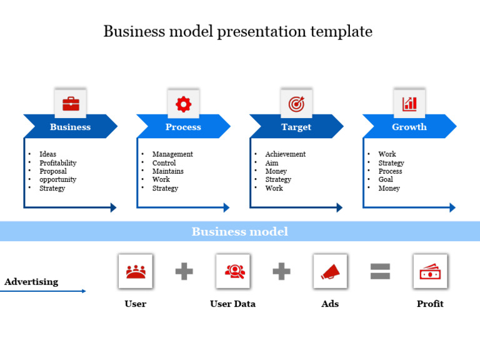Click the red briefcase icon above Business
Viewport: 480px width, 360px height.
(71, 104)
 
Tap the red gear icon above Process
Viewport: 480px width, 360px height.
(183, 104)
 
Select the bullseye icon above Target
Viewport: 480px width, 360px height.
(296, 104)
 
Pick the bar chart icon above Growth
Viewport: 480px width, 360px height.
(409, 104)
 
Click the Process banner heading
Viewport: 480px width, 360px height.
(183, 127)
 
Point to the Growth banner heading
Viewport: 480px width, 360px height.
(409, 127)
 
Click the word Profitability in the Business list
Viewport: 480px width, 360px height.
(57, 163)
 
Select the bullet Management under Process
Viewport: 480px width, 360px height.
(172, 154)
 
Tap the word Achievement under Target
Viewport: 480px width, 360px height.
(285, 154)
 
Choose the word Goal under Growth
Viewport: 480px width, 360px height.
(386, 179)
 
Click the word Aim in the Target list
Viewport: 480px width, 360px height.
(271, 163)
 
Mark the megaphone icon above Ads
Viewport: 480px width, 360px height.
(330, 271)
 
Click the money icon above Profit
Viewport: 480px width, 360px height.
(430, 271)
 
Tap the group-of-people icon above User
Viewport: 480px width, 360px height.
(136, 271)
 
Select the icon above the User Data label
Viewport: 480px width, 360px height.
(233, 271)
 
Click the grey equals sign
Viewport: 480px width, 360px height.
(380, 271)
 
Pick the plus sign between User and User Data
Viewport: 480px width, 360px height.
(184, 271)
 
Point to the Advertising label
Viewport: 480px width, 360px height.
(31, 282)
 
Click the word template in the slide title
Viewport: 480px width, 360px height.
(341, 31)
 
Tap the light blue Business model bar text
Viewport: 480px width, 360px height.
(240, 232)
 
